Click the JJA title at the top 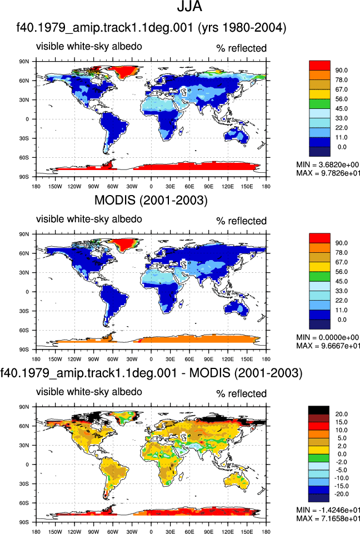point(189,6)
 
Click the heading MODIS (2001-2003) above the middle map point(151,200)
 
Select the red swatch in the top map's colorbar point(319,66)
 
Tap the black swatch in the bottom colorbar point(318,410)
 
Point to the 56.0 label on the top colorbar point(341,99)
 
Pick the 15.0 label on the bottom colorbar point(341,422)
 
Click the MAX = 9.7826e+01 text point(328,173)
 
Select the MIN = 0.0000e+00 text point(328,337)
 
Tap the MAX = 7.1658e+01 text point(328,518)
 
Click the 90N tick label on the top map point(24,62)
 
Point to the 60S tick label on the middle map point(24,330)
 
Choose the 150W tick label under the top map point(55,187)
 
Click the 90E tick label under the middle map point(209,360)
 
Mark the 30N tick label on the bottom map point(24,446)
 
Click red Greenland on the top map point(126,71)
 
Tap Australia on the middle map point(237,308)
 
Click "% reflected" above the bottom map point(241,393)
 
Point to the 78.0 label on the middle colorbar point(341,253)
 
